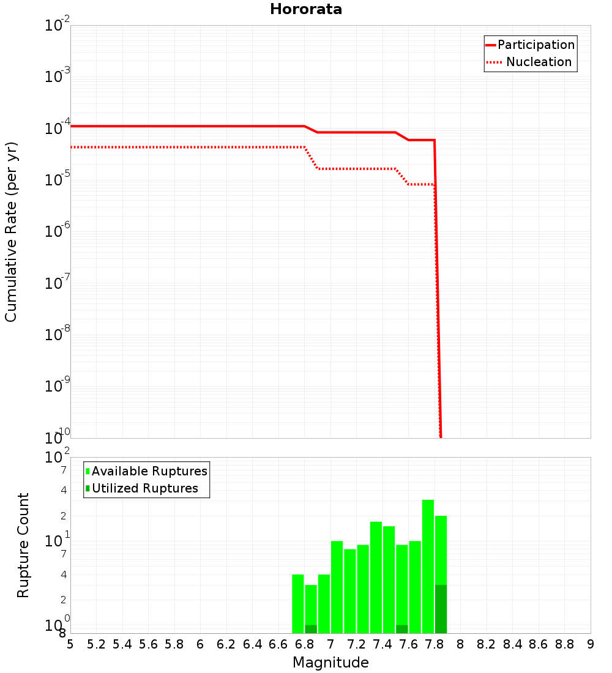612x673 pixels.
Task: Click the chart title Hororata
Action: click(306, 9)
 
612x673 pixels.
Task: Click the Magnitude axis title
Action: click(330, 663)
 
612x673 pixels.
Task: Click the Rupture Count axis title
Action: click(23, 545)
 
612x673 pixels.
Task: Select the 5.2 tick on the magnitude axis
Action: click(97, 644)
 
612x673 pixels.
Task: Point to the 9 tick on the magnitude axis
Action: click(591, 644)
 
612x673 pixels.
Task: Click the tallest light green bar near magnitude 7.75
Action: click(428, 566)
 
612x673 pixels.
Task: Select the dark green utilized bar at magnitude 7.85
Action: click(441, 609)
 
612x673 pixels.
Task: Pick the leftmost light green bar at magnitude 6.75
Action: click(298, 604)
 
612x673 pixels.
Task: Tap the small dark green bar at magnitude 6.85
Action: click(311, 629)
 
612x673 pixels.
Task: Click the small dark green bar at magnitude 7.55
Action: click(402, 629)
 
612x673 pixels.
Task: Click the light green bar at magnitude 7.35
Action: click(376, 578)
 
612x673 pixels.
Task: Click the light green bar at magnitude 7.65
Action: click(415, 587)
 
